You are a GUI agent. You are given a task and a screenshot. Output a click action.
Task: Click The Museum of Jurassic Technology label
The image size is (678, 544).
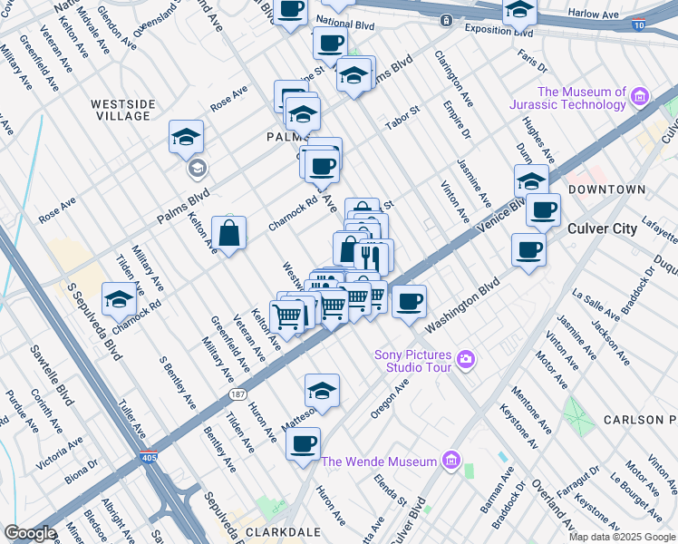coord(582,99)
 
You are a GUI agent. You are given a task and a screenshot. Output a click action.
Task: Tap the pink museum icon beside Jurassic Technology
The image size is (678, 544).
coord(641,96)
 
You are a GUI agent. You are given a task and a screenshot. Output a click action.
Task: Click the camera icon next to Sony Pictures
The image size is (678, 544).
coord(466,360)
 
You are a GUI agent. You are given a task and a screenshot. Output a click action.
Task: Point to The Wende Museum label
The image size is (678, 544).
coord(379,461)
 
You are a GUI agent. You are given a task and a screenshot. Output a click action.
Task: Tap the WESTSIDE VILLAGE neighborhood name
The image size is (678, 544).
coord(121,110)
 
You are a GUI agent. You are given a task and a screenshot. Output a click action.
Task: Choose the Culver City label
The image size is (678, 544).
coord(602,228)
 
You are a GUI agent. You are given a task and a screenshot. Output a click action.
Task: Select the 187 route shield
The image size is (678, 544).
coord(237,394)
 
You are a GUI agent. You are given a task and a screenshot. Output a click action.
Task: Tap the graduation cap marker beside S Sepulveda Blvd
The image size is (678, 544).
coord(119,299)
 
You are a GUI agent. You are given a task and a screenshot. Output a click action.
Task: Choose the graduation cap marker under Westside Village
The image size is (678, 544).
coord(186,138)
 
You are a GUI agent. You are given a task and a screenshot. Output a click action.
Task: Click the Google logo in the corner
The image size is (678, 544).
coord(31,533)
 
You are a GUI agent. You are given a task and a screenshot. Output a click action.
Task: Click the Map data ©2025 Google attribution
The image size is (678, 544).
coord(622,537)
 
